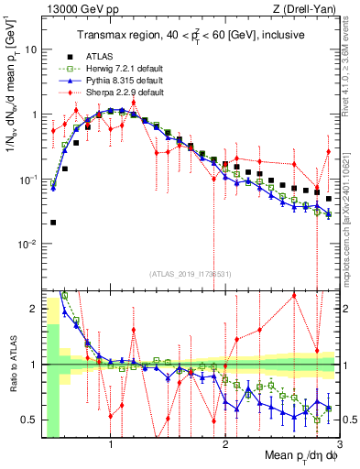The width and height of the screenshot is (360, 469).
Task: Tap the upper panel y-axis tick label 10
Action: click(33, 49)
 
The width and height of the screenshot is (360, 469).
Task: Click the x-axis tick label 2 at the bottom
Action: click(225, 446)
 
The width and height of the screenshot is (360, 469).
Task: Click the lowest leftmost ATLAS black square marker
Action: click(53, 223)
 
